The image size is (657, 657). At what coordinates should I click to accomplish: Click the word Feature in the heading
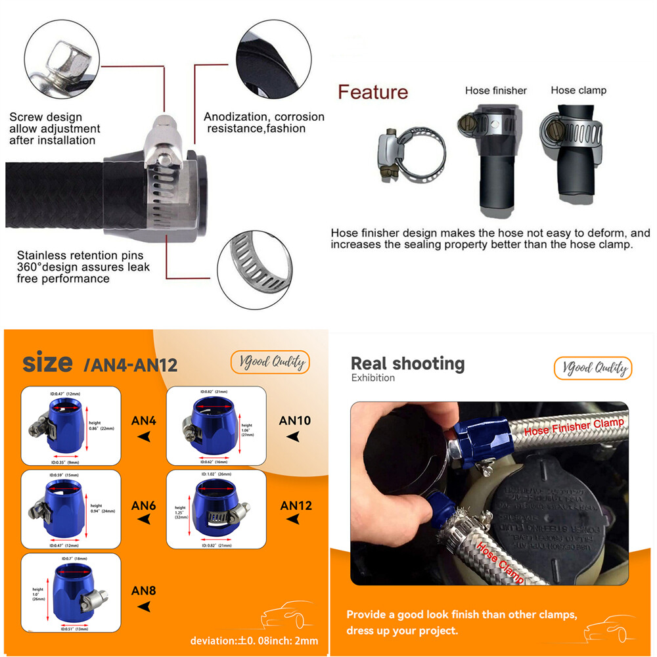(x=373, y=93)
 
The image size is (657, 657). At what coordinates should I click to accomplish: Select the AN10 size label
(x=295, y=420)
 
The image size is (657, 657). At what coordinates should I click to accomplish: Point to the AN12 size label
(x=296, y=505)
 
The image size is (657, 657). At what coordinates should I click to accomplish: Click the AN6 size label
(x=143, y=505)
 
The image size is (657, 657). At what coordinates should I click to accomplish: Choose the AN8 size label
(x=143, y=590)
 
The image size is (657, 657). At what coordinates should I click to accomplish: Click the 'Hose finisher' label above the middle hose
(x=495, y=91)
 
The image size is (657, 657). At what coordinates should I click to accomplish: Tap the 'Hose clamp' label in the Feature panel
(x=578, y=91)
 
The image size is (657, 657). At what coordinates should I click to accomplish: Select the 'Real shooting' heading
(x=407, y=363)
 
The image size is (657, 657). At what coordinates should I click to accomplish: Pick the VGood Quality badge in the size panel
(x=269, y=362)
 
